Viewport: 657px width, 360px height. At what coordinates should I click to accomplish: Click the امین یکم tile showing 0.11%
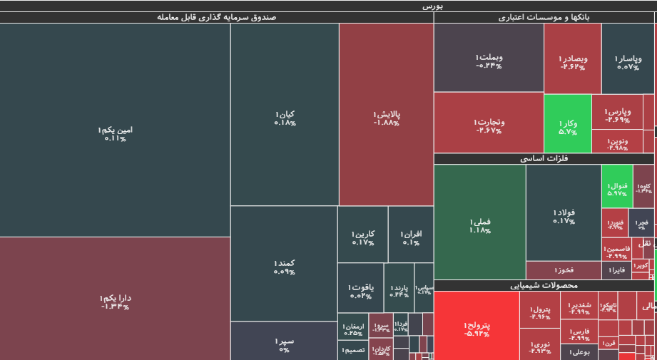tap(115, 133)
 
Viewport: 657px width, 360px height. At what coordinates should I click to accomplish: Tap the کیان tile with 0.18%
tap(284, 118)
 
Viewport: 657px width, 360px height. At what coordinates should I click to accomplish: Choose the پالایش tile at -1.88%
tap(386, 118)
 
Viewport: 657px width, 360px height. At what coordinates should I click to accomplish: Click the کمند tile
tap(284, 267)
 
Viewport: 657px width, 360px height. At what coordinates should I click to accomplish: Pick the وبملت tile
tap(488, 61)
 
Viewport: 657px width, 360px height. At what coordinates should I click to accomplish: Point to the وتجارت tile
tap(488, 125)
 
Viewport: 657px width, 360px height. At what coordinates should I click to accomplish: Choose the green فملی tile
tap(479, 225)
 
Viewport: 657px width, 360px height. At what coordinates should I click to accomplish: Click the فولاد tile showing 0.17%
tap(563, 216)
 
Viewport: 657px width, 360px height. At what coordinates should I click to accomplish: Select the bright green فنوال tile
tap(616, 188)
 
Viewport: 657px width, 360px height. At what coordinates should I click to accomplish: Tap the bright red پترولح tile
tap(476, 328)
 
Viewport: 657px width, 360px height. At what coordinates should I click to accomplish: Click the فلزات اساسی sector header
tap(544, 159)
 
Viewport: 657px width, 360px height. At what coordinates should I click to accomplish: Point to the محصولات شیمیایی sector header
tap(544, 285)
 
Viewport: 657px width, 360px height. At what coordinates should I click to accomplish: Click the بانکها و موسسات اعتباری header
tap(544, 17)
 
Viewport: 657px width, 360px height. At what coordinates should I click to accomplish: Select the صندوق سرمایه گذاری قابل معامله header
tap(216, 17)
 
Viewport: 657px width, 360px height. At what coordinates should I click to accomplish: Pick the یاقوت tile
tap(360, 291)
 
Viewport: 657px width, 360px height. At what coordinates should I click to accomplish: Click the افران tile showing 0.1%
tap(410, 237)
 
